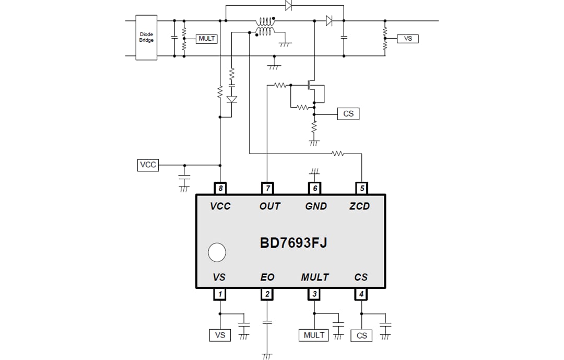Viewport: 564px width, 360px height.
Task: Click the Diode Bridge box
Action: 146,38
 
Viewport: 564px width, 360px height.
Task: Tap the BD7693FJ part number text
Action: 293,243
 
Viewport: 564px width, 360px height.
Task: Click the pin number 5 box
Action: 361,188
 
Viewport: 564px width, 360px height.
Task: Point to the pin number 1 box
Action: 220,294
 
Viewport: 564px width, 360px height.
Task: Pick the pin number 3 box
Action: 314,294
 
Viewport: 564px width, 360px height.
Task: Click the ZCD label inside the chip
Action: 359,206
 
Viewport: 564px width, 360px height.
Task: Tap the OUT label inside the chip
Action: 269,206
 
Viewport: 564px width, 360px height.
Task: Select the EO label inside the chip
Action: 267,277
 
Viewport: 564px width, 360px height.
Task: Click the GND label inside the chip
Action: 315,206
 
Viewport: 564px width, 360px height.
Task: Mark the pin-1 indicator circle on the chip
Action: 216,252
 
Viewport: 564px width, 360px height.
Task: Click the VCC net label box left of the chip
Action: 148,165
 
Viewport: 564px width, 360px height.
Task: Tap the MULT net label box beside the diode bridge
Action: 207,39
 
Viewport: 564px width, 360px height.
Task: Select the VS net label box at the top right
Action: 408,39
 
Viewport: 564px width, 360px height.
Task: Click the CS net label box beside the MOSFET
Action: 348,113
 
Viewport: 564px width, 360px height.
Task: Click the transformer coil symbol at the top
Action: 265,27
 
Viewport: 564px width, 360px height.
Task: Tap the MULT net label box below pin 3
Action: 314,335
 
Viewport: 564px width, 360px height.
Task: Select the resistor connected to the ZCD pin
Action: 338,154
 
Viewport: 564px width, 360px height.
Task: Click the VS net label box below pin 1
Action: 220,335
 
